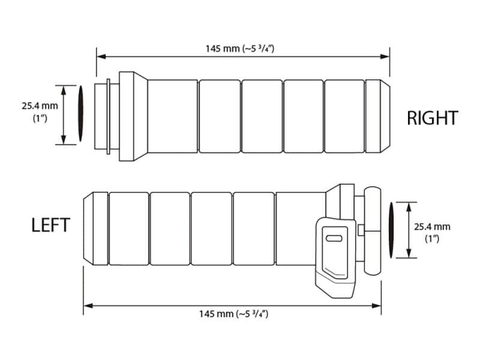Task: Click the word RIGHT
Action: (433, 118)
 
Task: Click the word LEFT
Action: (50, 225)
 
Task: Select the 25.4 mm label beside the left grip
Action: (432, 226)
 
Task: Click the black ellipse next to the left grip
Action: (391, 230)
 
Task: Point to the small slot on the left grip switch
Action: (334, 239)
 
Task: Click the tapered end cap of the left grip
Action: (96, 229)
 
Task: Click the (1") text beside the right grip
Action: (40, 119)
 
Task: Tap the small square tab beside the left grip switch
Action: (360, 230)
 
